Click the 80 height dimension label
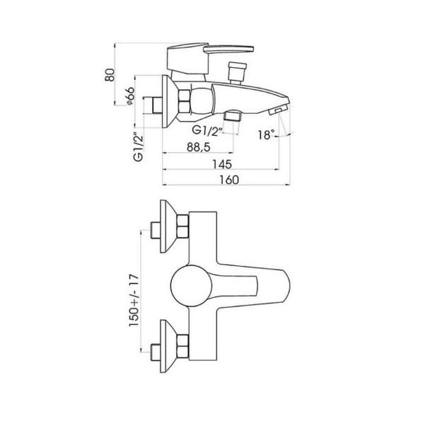click(110, 74)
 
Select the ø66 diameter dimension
click(130, 96)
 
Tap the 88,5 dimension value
click(199, 147)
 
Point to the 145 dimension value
click(222, 164)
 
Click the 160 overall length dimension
click(229, 180)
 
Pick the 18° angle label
click(267, 134)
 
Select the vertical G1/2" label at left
click(139, 147)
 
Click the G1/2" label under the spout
click(206, 130)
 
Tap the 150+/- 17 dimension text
click(134, 300)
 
